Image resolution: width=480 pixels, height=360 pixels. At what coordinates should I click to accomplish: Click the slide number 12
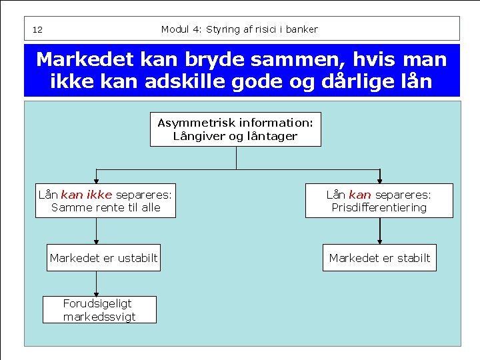point(37,30)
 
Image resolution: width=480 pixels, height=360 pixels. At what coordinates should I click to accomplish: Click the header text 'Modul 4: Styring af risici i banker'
point(239,29)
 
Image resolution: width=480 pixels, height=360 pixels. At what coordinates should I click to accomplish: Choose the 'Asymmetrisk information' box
point(235,129)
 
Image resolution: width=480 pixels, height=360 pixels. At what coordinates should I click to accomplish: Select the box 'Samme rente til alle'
point(105,201)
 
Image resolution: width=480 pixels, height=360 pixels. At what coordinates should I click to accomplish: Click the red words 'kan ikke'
point(86,195)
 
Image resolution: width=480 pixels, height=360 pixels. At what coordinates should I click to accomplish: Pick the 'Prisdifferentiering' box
point(379,201)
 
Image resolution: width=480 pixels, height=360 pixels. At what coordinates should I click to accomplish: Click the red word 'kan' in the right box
point(359,195)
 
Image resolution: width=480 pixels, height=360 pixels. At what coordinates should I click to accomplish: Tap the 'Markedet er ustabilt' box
point(103,258)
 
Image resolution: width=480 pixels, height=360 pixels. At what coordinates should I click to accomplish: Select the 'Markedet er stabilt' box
point(379,258)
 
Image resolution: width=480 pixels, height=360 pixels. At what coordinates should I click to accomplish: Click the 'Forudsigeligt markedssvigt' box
point(99,310)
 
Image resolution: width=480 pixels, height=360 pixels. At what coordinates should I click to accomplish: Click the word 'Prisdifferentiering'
point(379,207)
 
